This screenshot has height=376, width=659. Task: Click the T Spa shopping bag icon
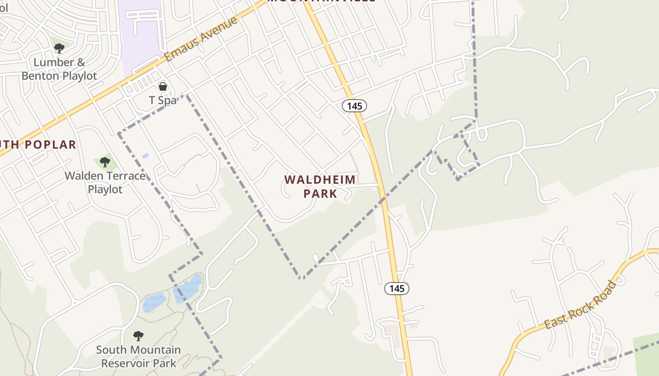pyautogui.click(x=163, y=86)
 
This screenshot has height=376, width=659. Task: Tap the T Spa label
pyautogui.click(x=162, y=100)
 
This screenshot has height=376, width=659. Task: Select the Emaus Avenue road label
pyautogui.click(x=201, y=39)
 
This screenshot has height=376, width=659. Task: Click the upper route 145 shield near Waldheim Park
pyautogui.click(x=354, y=106)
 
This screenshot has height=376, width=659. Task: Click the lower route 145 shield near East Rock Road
pyautogui.click(x=397, y=288)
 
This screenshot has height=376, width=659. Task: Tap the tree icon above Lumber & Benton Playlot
pyautogui.click(x=59, y=48)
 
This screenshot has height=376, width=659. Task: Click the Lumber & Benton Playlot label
pyautogui.click(x=59, y=69)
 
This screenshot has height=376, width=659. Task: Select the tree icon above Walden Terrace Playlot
pyautogui.click(x=104, y=162)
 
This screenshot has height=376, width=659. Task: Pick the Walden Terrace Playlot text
pyautogui.click(x=105, y=182)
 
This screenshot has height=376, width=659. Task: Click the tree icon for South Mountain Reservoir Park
pyautogui.click(x=138, y=336)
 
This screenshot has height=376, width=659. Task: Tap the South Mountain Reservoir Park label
pyautogui.click(x=138, y=356)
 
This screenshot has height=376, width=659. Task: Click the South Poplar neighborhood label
pyautogui.click(x=38, y=145)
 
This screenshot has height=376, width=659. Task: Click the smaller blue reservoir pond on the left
pyautogui.click(x=154, y=303)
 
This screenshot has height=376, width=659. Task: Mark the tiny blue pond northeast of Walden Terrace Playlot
pyautogui.click(x=145, y=155)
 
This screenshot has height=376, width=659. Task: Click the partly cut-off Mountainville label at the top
pyautogui.click(x=321, y=1)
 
